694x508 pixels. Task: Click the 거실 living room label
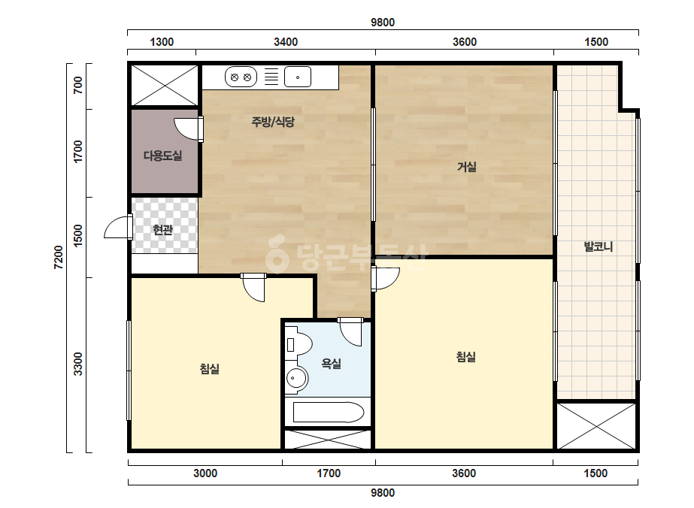466,168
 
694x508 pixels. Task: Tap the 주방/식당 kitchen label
273,122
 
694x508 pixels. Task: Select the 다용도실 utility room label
163,156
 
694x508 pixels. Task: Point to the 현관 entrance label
163,230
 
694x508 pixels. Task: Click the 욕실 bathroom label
331,364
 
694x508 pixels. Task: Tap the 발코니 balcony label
598,246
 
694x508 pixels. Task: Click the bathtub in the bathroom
328,413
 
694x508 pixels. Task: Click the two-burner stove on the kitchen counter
241,77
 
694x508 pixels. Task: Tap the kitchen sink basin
298,77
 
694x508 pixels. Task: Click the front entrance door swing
117,228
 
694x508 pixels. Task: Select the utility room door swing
186,129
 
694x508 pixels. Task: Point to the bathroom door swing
350,334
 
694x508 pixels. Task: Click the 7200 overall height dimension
58,258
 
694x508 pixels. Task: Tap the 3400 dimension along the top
286,42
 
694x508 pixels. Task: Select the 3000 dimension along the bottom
205,473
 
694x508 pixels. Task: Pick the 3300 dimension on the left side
78,364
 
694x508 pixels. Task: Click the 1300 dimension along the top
162,42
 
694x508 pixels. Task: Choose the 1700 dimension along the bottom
329,473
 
